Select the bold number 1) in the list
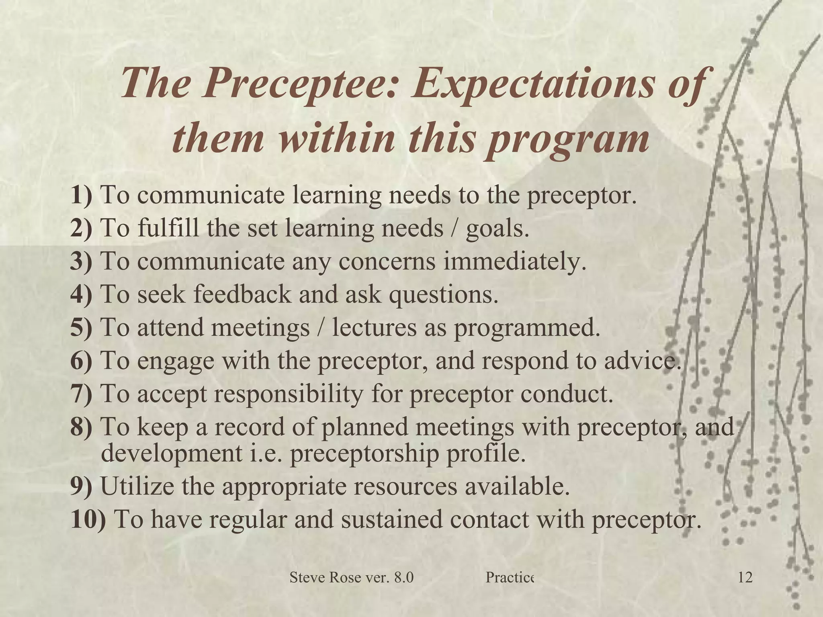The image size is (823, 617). point(81,195)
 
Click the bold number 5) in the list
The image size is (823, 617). point(81,327)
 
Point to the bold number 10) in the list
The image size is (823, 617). point(88,519)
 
